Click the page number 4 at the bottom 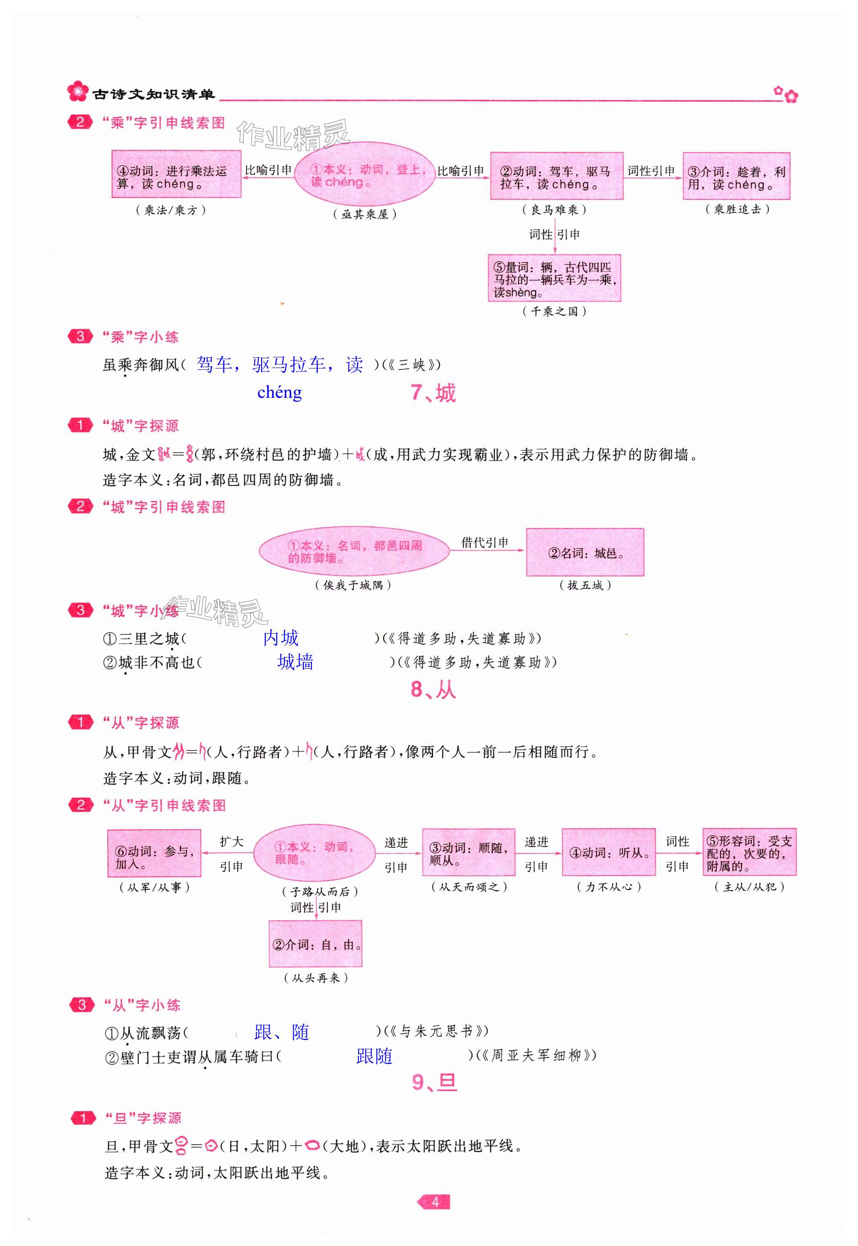[x=434, y=1201]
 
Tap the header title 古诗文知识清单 [x=153, y=95]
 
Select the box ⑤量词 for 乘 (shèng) [x=554, y=278]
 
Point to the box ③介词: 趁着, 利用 [x=736, y=177]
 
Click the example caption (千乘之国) [x=554, y=311]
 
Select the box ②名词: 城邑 [x=585, y=553]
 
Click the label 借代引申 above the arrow [x=484, y=542]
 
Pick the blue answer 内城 [x=281, y=638]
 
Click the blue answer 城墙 [x=295, y=662]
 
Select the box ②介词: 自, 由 [x=316, y=944]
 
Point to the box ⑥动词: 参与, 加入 [x=154, y=854]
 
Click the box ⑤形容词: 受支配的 [x=749, y=853]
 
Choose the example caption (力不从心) [x=609, y=887]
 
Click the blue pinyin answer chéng [x=279, y=392]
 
